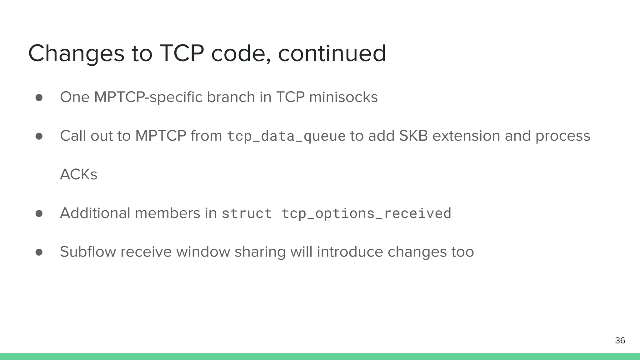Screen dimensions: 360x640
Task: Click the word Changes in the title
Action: (x=76, y=54)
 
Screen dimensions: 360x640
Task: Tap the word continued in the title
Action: (x=332, y=53)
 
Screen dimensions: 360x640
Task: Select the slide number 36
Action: (x=620, y=340)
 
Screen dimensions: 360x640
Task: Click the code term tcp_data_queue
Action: (x=286, y=136)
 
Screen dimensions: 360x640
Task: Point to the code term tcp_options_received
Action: (x=366, y=213)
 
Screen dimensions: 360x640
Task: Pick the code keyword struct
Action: (x=247, y=213)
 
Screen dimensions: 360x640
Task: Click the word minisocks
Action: (x=343, y=97)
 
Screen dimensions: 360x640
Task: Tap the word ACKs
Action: (x=78, y=174)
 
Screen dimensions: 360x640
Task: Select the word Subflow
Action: (x=88, y=252)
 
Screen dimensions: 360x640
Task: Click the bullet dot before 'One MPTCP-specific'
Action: (x=39, y=97)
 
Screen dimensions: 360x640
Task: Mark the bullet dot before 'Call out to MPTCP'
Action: (x=39, y=136)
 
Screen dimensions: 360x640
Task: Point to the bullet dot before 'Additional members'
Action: (x=39, y=213)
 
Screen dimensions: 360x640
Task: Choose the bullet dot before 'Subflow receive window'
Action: (x=39, y=252)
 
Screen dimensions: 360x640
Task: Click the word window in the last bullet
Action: (x=203, y=252)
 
